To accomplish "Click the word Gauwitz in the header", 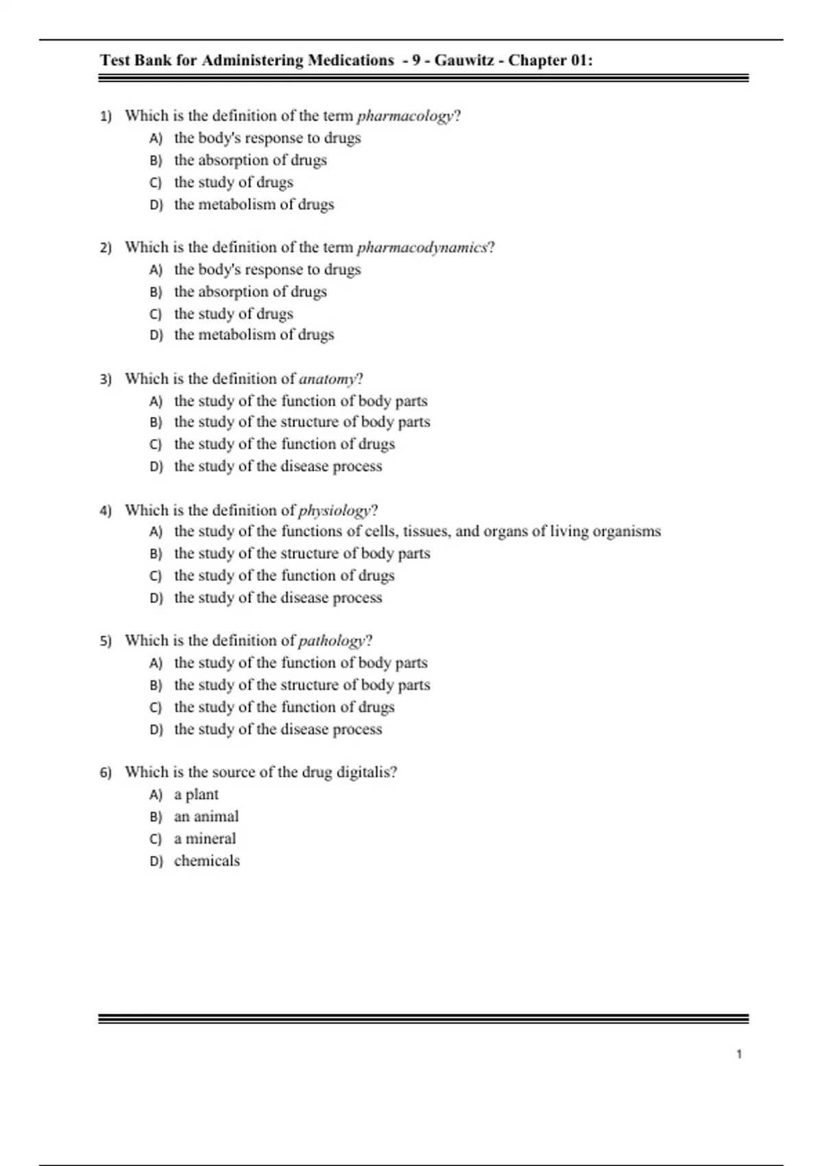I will click(x=464, y=60).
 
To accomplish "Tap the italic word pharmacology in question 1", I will click(x=405, y=116).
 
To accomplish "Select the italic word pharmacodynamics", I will click(x=422, y=248).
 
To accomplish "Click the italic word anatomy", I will click(x=328, y=379).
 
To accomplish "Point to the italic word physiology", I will click(x=335, y=511).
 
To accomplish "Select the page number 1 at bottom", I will click(x=739, y=1054).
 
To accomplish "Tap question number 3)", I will click(x=106, y=379).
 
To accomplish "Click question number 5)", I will click(x=106, y=641).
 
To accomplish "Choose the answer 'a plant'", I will click(x=196, y=794).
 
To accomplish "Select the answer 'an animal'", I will click(x=206, y=816).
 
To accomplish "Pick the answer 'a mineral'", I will click(x=205, y=838).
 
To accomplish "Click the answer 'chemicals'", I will click(x=207, y=861).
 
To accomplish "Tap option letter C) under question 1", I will click(x=156, y=182).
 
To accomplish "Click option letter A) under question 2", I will click(x=156, y=270).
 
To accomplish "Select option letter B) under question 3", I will click(x=156, y=423).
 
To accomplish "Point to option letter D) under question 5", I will click(x=156, y=730).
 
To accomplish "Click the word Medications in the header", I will click(x=351, y=60).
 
